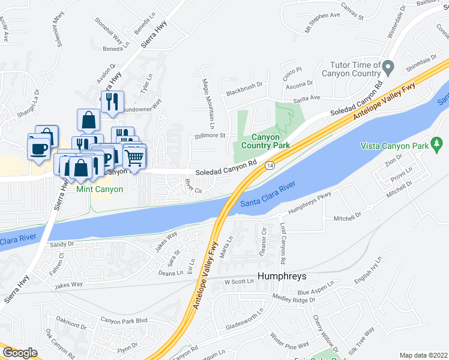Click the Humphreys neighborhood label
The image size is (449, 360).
coord(282,277)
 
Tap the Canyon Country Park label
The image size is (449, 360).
coord(265,141)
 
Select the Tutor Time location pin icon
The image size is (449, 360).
coord(389,65)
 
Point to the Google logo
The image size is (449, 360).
coord(20,353)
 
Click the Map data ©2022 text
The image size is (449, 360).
coord(424,355)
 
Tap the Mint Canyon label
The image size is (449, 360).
coord(100,189)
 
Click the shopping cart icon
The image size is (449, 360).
coord(135,157)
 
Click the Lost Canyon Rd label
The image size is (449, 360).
coord(283,245)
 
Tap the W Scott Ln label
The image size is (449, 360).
coord(240,282)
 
